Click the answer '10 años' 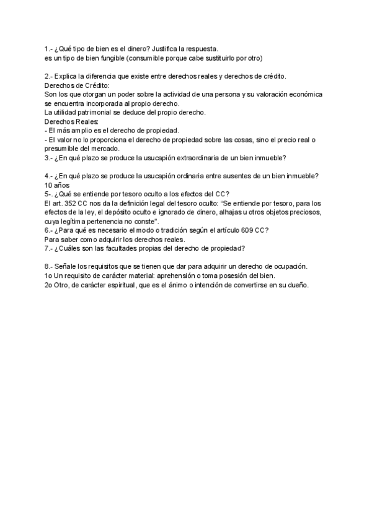click(58, 185)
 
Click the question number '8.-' click(50, 266)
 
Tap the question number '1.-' click(50, 49)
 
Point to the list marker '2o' click(50, 284)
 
